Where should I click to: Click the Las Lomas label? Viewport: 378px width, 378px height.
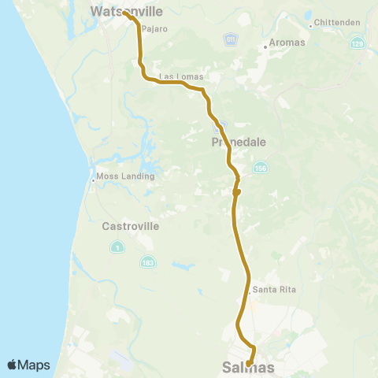[x=181, y=76]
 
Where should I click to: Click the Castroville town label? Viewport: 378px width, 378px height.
[x=131, y=226]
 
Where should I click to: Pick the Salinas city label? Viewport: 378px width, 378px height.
[x=249, y=368]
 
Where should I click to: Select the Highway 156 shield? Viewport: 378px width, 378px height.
[x=260, y=168]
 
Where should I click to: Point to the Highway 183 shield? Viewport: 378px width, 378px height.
[x=147, y=260]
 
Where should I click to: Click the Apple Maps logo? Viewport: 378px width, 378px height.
[x=28, y=365]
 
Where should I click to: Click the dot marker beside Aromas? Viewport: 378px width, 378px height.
[x=265, y=47]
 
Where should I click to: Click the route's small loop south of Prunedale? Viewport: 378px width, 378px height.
[x=235, y=191]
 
